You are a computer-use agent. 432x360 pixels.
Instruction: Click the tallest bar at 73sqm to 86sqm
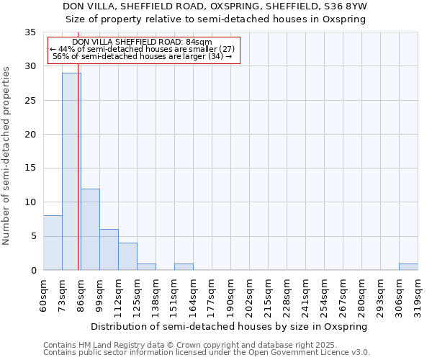[71, 171]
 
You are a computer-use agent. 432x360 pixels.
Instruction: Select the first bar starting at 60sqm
[53, 243]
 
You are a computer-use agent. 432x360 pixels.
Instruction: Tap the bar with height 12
[90, 229]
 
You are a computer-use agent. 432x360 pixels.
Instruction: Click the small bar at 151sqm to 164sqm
[184, 266]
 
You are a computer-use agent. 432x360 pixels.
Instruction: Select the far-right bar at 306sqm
[408, 266]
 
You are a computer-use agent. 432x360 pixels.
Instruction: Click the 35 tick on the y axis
[31, 32]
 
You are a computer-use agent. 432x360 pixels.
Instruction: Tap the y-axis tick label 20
[31, 135]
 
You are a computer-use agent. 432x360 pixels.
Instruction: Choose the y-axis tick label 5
[33, 236]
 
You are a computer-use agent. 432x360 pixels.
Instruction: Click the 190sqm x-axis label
[230, 294]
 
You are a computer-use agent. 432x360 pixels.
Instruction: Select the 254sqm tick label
[324, 294]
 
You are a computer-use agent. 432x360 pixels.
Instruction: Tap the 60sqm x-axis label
[43, 294]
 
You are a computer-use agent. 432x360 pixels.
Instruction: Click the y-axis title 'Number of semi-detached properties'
[6, 156]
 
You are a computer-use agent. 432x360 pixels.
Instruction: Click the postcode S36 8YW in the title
[348, 6]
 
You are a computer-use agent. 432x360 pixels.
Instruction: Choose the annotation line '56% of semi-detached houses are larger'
[143, 56]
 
